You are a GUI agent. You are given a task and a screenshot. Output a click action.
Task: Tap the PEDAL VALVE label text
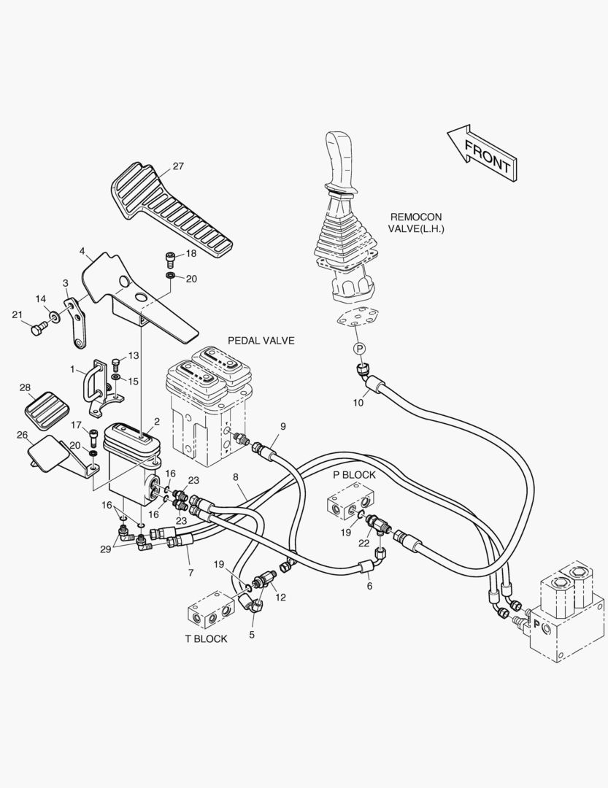pyautogui.click(x=261, y=341)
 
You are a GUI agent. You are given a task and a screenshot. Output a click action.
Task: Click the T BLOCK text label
pyautogui.click(x=206, y=638)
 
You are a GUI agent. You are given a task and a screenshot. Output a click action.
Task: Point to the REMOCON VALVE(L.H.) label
pyautogui.click(x=416, y=223)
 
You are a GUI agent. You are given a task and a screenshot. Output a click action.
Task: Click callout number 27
pyautogui.click(x=178, y=166)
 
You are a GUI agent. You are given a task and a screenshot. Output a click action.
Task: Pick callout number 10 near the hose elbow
pyautogui.click(x=358, y=401)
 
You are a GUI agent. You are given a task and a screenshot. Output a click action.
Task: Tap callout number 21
pyautogui.click(x=17, y=314)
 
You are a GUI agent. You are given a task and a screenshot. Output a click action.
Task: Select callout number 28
pyautogui.click(x=25, y=387)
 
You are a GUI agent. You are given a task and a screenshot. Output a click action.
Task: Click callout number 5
pyautogui.click(x=252, y=634)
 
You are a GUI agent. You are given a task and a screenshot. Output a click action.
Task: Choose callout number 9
pyautogui.click(x=282, y=426)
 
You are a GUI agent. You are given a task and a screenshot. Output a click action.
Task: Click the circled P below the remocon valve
pyautogui.click(x=359, y=349)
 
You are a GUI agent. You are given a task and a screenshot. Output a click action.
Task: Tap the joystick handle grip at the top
pyautogui.click(x=339, y=161)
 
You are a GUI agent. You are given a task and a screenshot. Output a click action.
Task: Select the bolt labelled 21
pyautogui.click(x=36, y=330)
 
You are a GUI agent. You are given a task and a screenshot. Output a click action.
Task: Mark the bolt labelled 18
pyautogui.click(x=169, y=258)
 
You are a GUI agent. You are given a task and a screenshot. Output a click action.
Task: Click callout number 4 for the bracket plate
pyautogui.click(x=82, y=252)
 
